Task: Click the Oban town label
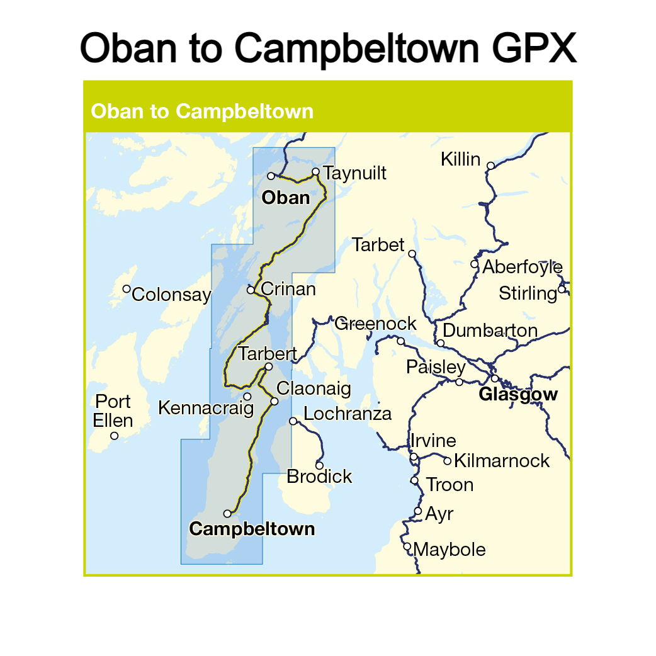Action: point(286,198)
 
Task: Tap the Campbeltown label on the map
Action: point(252,529)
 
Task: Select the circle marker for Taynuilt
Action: point(316,171)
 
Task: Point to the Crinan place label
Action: point(288,290)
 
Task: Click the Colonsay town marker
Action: point(127,289)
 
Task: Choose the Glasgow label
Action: point(518,395)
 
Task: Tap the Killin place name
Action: point(460,159)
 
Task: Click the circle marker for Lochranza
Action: point(293,421)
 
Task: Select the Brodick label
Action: point(319,477)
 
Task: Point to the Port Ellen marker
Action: point(114,436)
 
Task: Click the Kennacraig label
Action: point(205,408)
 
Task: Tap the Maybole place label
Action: point(450,550)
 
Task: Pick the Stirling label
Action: point(528,293)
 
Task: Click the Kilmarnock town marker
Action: point(448,461)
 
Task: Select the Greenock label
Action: point(375,324)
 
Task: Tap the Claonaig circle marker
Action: point(274,401)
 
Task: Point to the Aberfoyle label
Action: point(523,267)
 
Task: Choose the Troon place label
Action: point(450,485)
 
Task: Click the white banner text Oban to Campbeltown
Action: point(202,111)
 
